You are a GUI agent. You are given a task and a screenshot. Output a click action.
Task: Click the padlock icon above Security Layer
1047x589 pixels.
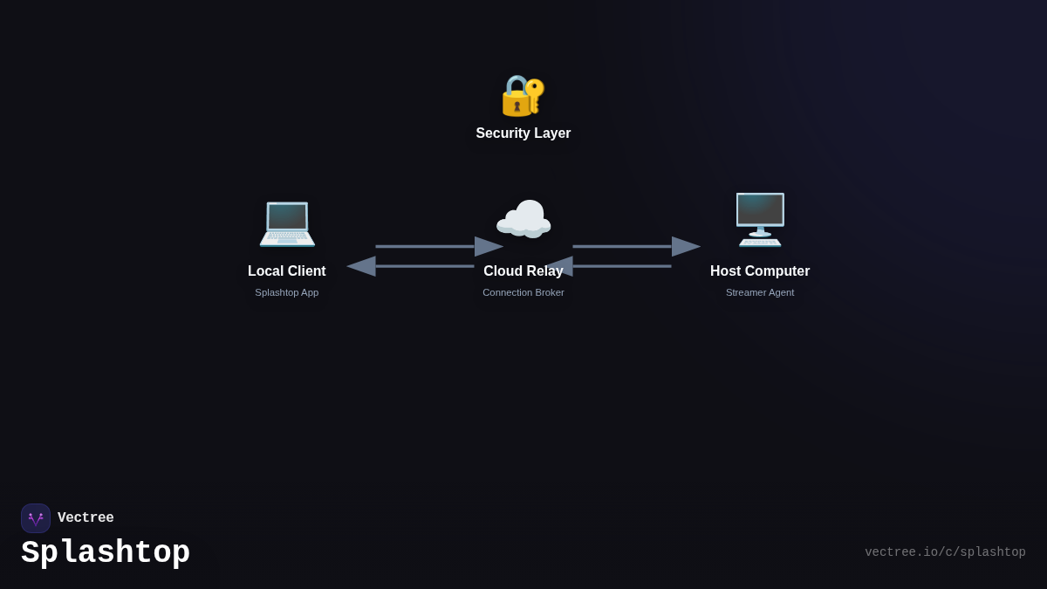pyautogui.click(x=517, y=97)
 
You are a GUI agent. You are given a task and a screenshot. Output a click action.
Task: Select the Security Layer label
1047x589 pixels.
pyautogui.click(x=523, y=134)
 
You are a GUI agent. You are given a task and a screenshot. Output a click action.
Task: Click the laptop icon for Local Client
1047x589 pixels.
pyautogui.click(x=287, y=223)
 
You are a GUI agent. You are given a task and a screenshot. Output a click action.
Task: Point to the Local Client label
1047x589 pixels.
pyautogui.click(x=287, y=271)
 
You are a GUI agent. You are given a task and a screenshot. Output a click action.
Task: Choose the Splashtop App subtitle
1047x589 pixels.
pyautogui.click(x=287, y=292)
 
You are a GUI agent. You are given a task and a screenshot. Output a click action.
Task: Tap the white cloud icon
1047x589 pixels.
pyautogui.click(x=523, y=219)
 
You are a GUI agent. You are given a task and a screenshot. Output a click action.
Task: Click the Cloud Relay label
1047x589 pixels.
pyautogui.click(x=523, y=271)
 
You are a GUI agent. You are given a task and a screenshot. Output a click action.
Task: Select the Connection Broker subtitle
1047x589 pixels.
pyautogui.click(x=523, y=292)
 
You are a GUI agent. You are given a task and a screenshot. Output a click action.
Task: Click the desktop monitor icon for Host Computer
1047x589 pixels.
pyautogui.click(x=760, y=219)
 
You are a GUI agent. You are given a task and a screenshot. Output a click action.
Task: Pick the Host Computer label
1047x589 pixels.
pyautogui.click(x=760, y=271)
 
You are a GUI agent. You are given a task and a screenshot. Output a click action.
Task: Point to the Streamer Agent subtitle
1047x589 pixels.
pyautogui.click(x=760, y=292)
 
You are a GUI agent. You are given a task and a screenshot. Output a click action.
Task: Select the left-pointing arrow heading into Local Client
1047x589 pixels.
pyautogui.click(x=410, y=266)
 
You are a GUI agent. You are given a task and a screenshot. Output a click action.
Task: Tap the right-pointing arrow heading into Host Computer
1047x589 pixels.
pyautogui.click(x=636, y=246)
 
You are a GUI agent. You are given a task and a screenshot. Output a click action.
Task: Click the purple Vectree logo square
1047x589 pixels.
pyautogui.click(x=36, y=518)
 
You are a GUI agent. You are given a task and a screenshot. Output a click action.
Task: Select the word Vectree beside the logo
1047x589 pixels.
pyautogui.click(x=86, y=518)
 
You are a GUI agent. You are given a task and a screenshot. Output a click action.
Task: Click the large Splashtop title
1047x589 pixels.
pyautogui.click(x=106, y=553)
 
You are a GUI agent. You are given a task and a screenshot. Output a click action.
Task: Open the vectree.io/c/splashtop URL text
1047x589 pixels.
pyautogui.click(x=945, y=552)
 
